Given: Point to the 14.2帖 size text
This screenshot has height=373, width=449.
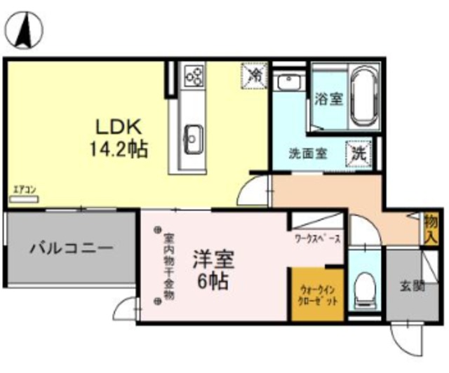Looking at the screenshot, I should (x=119, y=149).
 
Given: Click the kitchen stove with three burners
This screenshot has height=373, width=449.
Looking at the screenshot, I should (x=194, y=74).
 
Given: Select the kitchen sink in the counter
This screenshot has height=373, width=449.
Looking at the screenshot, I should (x=192, y=135).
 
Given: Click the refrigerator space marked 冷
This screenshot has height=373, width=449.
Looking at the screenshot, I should (x=255, y=74).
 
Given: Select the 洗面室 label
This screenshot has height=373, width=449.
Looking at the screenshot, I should (x=307, y=154).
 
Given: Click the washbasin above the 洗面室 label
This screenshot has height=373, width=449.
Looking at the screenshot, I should (x=288, y=82).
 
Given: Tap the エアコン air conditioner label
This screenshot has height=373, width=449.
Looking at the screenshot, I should (x=25, y=189).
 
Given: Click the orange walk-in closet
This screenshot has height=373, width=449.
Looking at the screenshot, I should (x=318, y=295).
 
